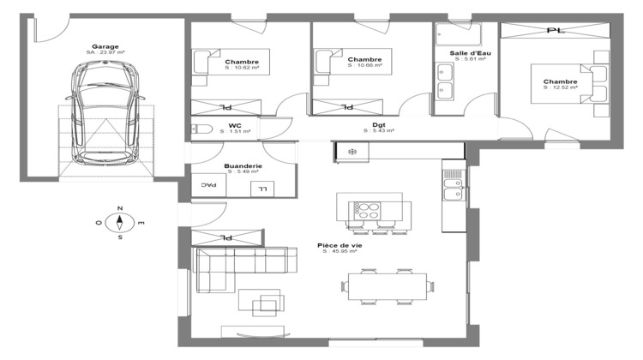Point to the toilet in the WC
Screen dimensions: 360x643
pyautogui.click(x=202, y=129)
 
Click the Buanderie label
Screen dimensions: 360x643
pyautogui.click(x=243, y=166)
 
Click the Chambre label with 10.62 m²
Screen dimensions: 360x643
pyautogui.click(x=242, y=63)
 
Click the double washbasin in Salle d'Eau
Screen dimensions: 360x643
pyautogui.click(x=446, y=80)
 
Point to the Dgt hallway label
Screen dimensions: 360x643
pyautogui.click(x=377, y=125)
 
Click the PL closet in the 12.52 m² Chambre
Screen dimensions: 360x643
pyautogui.click(x=555, y=31)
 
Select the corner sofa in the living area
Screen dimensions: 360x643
pyautogui.click(x=231, y=266)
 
